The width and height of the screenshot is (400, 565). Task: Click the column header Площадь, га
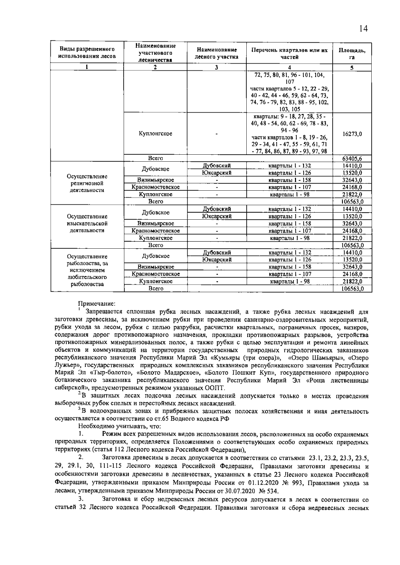click(352, 54)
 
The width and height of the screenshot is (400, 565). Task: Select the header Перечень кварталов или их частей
click(289, 54)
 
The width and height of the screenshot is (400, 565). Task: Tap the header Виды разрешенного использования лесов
click(87, 53)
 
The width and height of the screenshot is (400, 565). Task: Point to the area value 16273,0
click(352, 134)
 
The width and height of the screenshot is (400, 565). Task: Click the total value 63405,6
click(352, 158)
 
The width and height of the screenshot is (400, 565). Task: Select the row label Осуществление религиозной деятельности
click(87, 183)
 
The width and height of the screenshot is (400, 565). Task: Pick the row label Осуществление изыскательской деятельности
click(87, 223)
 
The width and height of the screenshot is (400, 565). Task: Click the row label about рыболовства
click(87, 270)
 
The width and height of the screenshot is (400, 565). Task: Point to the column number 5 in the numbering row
click(352, 67)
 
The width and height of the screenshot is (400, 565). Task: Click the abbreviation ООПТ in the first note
click(215, 388)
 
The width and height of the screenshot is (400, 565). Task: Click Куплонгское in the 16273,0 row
click(155, 134)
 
